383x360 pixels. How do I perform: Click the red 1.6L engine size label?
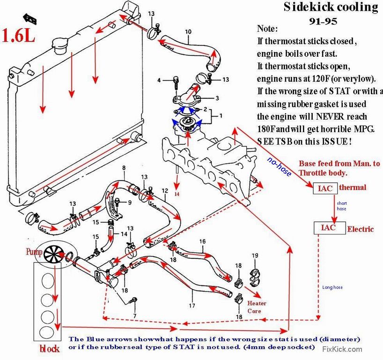19,37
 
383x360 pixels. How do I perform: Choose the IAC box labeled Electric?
329,228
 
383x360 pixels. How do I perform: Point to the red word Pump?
33,252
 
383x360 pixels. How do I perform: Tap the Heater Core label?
258,307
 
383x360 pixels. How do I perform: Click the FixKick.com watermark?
342,349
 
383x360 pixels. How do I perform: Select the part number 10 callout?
188,32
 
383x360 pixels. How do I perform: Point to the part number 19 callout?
255,255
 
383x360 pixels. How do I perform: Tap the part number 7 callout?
134,316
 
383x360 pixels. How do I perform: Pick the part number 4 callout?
159,81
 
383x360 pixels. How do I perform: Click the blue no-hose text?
280,166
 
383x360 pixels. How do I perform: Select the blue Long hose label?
332,287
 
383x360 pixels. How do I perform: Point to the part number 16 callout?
202,242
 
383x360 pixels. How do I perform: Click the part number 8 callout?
124,168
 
